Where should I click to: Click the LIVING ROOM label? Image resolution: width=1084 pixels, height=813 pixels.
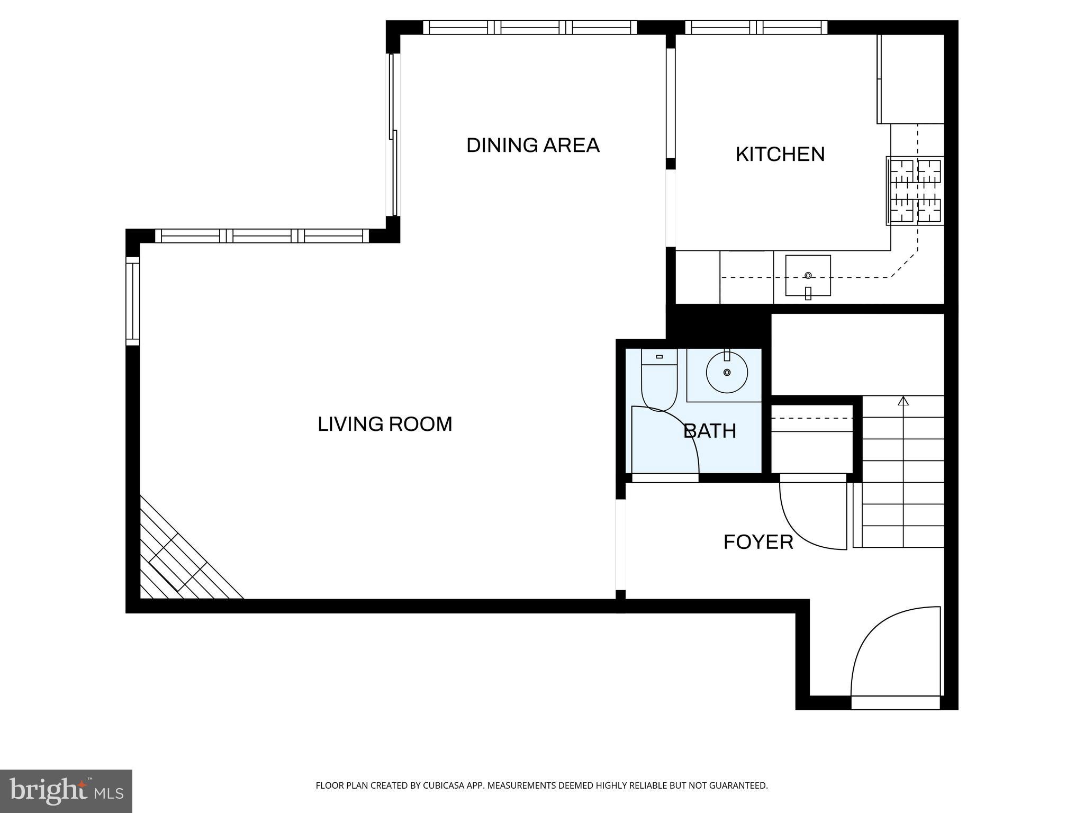pos(385,424)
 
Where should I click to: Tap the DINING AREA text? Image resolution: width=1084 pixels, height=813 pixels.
pos(532,146)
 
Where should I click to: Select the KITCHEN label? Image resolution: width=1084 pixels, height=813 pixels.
pos(780,155)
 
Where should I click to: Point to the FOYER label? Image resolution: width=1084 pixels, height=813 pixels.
pos(758,543)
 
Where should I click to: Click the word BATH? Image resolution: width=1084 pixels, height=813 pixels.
pos(710,431)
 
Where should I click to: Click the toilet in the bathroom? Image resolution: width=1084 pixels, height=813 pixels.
pos(659,381)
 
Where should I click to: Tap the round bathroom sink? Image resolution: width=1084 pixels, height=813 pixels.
pos(727,373)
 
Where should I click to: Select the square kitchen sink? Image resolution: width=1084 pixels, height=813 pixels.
pos(808,275)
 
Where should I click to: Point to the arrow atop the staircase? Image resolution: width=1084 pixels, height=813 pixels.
pos(903,401)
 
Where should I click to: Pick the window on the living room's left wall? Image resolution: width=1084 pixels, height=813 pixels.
pos(132,301)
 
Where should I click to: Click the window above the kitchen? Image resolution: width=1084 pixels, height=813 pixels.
pos(756,28)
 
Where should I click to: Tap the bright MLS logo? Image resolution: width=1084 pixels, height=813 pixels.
pos(66,791)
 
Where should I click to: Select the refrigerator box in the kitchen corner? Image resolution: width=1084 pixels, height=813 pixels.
pos(910,79)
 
